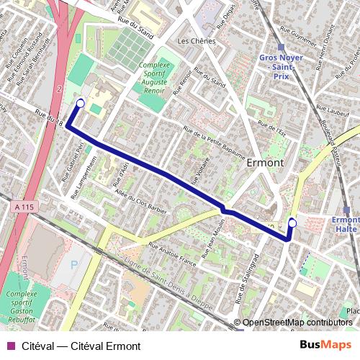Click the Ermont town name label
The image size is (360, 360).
pyautogui.click(x=265, y=163)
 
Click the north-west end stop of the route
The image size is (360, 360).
pyautogui.click(x=80, y=103)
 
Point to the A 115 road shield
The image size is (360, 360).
pyautogui.click(x=24, y=207)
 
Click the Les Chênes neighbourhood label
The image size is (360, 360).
pyautogui.click(x=196, y=42)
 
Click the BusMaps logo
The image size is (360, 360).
pyautogui.click(x=326, y=345)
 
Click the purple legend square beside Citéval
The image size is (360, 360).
pyautogui.click(x=9, y=346)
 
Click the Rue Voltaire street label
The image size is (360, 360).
pyautogui.click(x=195, y=171)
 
